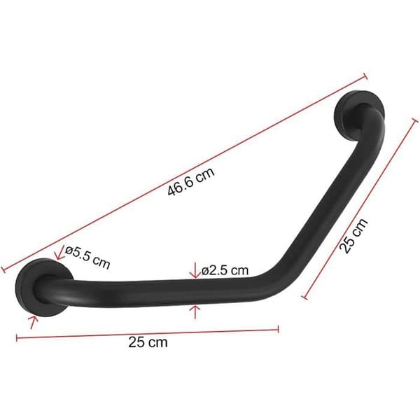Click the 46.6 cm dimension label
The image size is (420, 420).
191,181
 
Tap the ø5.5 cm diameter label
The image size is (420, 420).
87,258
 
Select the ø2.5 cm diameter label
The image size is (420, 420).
225,270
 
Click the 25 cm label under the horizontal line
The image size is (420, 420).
148,342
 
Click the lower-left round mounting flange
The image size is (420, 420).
43,287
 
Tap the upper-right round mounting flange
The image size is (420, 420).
360,115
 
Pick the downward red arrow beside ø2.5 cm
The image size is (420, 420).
195,270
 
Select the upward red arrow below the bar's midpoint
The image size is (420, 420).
195,311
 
